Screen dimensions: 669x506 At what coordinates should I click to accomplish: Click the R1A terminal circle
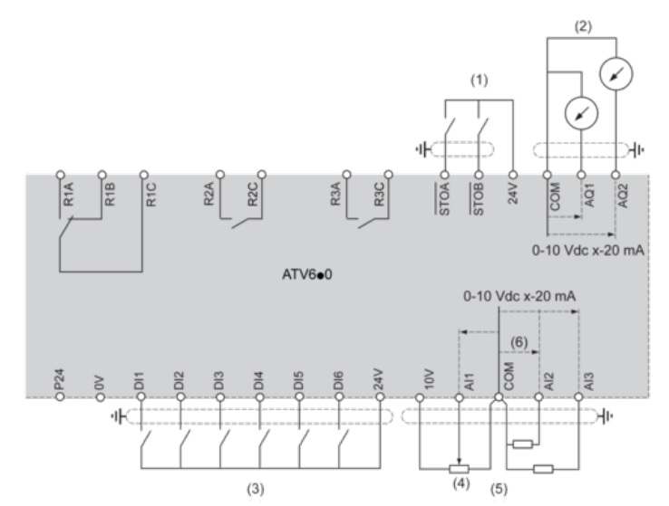tap(60, 175)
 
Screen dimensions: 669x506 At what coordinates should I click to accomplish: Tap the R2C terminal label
tap(253, 195)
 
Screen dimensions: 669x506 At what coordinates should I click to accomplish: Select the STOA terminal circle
tap(444, 175)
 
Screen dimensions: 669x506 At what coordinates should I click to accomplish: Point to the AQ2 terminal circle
tap(616, 175)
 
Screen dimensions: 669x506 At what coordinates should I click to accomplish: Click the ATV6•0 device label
tap(306, 274)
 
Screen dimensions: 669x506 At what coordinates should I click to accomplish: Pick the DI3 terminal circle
tap(220, 397)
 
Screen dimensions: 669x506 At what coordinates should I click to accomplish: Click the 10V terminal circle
tap(420, 397)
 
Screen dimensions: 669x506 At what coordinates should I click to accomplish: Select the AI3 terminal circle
tap(578, 397)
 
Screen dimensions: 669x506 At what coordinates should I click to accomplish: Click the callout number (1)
tap(479, 80)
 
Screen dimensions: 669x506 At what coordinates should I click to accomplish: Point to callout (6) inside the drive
tap(519, 342)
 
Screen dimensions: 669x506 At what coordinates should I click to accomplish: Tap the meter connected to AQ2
tap(616, 73)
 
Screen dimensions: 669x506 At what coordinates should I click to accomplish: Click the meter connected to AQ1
tap(581, 113)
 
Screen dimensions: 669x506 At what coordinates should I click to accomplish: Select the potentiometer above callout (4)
tap(459, 470)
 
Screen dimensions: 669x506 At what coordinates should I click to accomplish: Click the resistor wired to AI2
tap(523, 444)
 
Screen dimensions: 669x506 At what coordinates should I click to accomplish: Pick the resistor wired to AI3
tap(543, 470)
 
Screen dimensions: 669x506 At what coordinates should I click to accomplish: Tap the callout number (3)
tap(256, 489)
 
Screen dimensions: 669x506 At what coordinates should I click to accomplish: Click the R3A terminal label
tap(335, 195)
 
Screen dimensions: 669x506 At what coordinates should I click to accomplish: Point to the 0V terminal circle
tap(101, 397)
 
